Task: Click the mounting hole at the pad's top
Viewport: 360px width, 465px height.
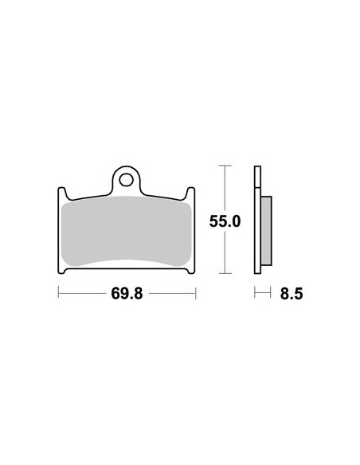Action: click(127, 179)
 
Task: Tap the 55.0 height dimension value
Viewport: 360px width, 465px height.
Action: click(225, 221)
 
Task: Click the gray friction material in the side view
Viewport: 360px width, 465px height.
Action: click(266, 230)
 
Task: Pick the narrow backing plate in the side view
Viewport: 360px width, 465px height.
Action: click(257, 219)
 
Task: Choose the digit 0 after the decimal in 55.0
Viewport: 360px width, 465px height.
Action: click(236, 221)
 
